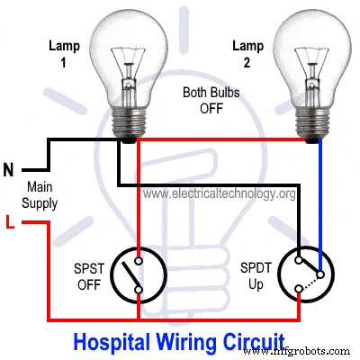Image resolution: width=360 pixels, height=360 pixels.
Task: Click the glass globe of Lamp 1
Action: (131, 54)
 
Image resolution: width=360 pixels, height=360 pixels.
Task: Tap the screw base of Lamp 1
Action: (131, 121)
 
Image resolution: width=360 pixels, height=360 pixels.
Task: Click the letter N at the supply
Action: (10, 168)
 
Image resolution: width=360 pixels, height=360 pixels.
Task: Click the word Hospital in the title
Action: (107, 342)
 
